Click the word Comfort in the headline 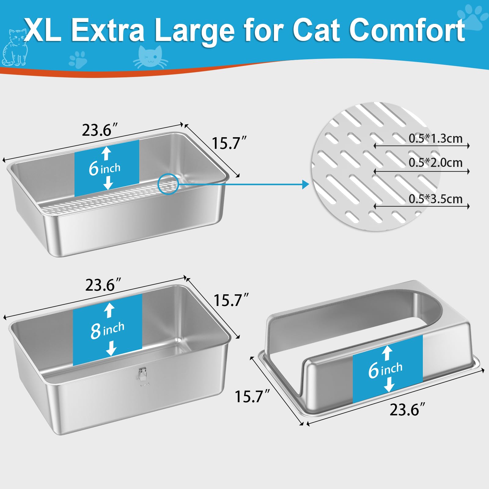tap(407, 30)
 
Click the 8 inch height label tap(107, 330)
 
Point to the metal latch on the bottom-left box tap(143, 376)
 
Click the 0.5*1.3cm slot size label tap(436, 138)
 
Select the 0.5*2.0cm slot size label tap(436, 163)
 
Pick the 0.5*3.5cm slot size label tap(436, 199)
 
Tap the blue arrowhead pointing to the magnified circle tap(306, 184)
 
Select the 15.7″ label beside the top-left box tap(229, 143)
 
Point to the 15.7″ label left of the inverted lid tap(252, 396)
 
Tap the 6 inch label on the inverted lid tap(385, 369)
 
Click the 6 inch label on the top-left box tap(105, 168)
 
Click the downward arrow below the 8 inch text tap(111, 348)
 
